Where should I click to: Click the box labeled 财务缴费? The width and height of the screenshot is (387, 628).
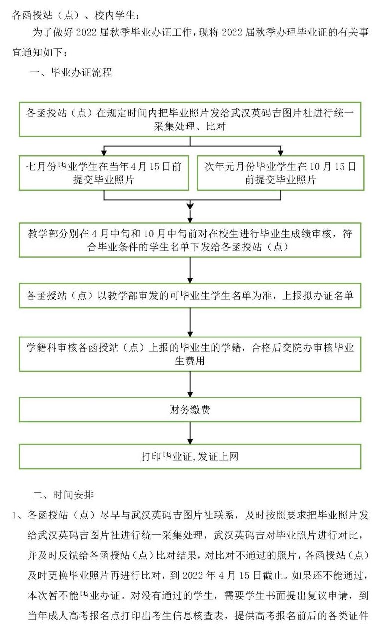(x=190, y=409)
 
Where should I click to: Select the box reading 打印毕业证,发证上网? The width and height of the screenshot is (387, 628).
(x=190, y=456)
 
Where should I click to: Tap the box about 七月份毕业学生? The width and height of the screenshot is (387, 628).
(x=104, y=173)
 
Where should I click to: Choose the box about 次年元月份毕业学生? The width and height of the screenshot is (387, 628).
(x=280, y=173)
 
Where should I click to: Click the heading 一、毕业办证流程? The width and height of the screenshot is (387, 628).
(x=71, y=72)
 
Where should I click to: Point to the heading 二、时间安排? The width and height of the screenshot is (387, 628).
(x=63, y=495)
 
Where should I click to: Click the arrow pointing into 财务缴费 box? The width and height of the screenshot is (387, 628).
(x=190, y=384)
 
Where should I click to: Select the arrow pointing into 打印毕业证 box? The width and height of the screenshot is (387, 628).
(x=190, y=433)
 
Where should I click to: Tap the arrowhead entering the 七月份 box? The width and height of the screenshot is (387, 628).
(x=104, y=152)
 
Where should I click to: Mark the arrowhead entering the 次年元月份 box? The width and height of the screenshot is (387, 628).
(x=281, y=152)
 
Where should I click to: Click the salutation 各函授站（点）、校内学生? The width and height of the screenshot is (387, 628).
(x=76, y=15)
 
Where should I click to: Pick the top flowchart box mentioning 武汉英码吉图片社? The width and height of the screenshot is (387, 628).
(x=190, y=119)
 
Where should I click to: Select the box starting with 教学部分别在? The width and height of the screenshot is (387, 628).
(x=190, y=240)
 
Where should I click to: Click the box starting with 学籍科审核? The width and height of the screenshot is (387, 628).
(x=190, y=354)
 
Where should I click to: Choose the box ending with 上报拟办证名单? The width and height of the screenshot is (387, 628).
(x=190, y=295)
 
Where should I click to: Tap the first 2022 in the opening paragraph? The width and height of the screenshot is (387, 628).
(x=86, y=33)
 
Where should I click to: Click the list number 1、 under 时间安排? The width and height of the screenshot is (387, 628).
(x=19, y=515)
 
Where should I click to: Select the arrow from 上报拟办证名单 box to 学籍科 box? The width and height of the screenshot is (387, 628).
(x=190, y=322)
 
